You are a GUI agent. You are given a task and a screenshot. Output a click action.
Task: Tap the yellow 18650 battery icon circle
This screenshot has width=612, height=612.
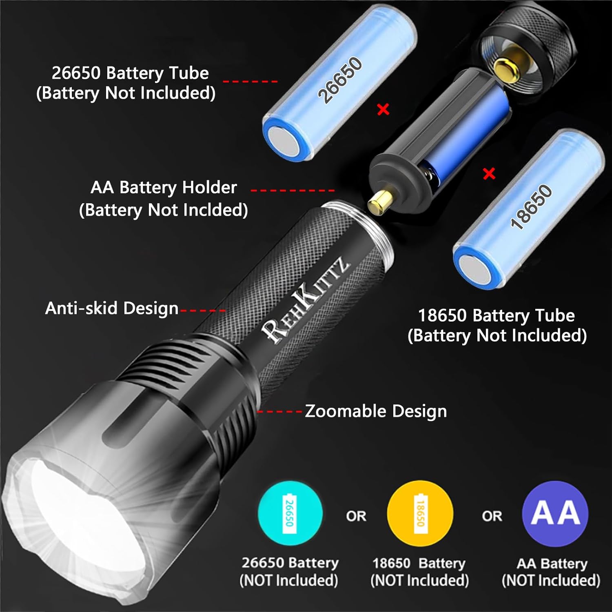click(420, 513)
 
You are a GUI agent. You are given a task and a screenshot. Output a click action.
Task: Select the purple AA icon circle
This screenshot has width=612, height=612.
click(555, 513)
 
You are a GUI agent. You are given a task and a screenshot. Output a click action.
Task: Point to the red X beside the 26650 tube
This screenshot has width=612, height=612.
click(383, 109)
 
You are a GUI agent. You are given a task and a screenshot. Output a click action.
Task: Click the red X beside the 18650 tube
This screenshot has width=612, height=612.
click(489, 174)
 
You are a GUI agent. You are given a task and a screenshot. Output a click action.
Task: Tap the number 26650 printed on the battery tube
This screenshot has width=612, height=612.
click(340, 80)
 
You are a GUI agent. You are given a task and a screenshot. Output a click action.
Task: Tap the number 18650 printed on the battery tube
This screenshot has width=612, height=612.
click(531, 207)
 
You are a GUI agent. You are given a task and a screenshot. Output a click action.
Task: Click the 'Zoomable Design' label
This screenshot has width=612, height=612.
click(376, 411)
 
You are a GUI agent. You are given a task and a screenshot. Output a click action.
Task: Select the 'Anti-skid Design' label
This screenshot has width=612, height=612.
click(112, 308)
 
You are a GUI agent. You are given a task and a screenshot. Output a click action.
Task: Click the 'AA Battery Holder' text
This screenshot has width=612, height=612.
click(164, 188)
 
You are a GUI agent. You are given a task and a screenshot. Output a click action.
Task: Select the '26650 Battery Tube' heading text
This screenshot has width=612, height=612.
click(130, 73)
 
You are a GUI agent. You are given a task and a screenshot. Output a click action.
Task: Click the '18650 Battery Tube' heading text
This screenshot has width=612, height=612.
click(497, 315)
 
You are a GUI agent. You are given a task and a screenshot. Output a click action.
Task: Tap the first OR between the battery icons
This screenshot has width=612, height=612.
click(356, 516)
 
